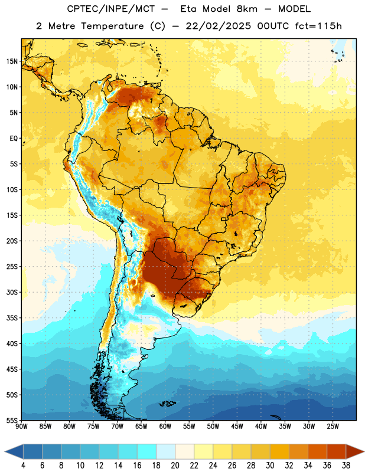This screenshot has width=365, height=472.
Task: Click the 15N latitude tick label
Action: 12,61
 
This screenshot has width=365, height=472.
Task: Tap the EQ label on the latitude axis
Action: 14,139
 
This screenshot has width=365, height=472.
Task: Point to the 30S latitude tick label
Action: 12,292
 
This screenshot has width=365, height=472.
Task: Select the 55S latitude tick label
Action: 12,420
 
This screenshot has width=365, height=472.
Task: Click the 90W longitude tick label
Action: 22,427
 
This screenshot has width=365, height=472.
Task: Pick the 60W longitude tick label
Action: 165,427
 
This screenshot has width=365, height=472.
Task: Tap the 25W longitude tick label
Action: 333,427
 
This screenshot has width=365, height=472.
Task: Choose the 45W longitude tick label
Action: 237,427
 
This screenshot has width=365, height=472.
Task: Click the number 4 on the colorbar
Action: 23,466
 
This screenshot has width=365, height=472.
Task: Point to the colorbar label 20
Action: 175,466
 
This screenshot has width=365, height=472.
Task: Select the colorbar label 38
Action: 346,466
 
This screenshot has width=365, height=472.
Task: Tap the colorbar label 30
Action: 270,466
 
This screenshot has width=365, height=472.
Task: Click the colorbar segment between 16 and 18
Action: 146,451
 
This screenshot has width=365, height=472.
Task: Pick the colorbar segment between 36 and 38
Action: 337,451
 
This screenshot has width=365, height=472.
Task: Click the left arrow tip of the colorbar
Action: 5,451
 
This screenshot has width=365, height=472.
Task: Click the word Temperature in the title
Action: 112,26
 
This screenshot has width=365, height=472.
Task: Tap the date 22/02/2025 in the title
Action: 218,26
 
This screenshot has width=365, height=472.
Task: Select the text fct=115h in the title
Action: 318,26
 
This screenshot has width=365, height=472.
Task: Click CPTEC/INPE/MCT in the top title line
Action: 110,9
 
